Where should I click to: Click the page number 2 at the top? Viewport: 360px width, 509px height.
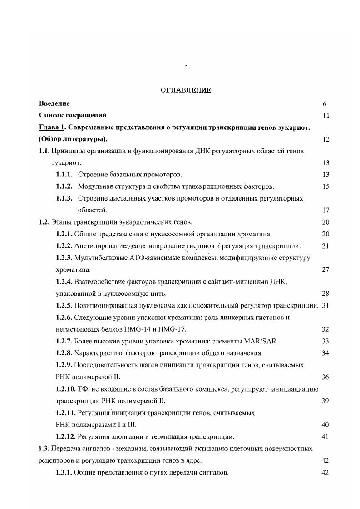[186, 68]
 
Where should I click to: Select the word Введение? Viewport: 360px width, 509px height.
[54, 103]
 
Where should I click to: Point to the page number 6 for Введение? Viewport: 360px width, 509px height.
[325, 104]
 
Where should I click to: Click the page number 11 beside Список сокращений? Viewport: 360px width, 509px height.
[325, 116]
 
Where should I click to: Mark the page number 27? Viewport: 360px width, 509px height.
[325, 270]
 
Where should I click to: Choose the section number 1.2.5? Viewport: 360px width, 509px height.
[64, 305]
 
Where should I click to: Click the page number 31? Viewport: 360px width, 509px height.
[325, 305]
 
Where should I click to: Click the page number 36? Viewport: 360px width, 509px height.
[325, 377]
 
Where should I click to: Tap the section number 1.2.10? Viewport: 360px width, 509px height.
[66, 389]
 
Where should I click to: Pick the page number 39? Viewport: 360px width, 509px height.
[325, 401]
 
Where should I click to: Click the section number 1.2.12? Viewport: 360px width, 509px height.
[66, 437]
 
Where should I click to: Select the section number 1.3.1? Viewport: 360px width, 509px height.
[64, 473]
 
